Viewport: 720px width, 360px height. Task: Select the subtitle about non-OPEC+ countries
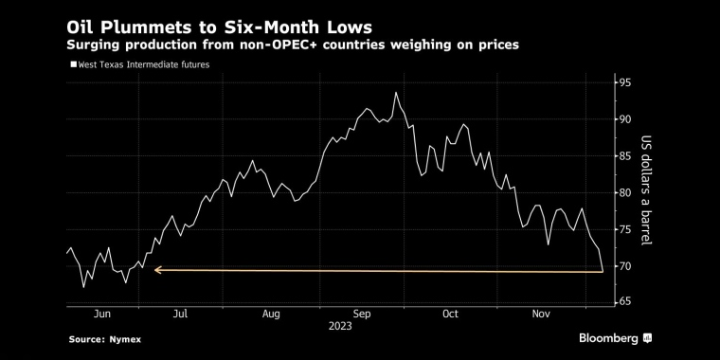293,45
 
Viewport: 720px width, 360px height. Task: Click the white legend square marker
73,64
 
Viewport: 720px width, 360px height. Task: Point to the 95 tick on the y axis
625,82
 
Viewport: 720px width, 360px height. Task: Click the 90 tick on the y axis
625,119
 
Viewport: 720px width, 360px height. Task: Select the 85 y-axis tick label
625,156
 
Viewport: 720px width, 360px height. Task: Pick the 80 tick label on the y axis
625,193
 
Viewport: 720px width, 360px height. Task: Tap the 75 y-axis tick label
625,229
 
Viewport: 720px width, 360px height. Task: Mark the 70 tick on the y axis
625,266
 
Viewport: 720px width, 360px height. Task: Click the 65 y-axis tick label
625,302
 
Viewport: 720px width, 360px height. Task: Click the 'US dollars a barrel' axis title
647,192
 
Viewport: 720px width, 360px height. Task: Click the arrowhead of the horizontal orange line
158,271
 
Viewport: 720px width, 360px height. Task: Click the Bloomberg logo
615,338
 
